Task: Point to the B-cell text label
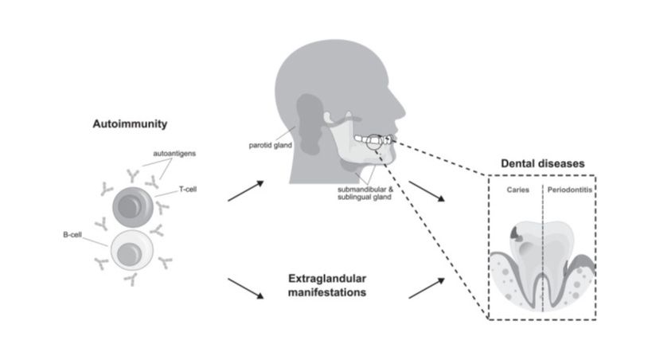pyautogui.click(x=73, y=236)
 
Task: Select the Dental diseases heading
pyautogui.click(x=543, y=163)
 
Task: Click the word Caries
pyautogui.click(x=517, y=191)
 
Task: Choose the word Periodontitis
pyautogui.click(x=568, y=191)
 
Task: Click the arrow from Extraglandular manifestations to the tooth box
pyautogui.click(x=426, y=288)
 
